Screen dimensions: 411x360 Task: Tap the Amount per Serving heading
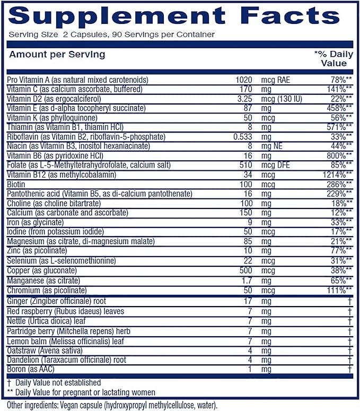click(49, 54)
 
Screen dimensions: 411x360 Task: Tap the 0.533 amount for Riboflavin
click(242, 136)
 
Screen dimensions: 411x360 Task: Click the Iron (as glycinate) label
click(36, 221)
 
